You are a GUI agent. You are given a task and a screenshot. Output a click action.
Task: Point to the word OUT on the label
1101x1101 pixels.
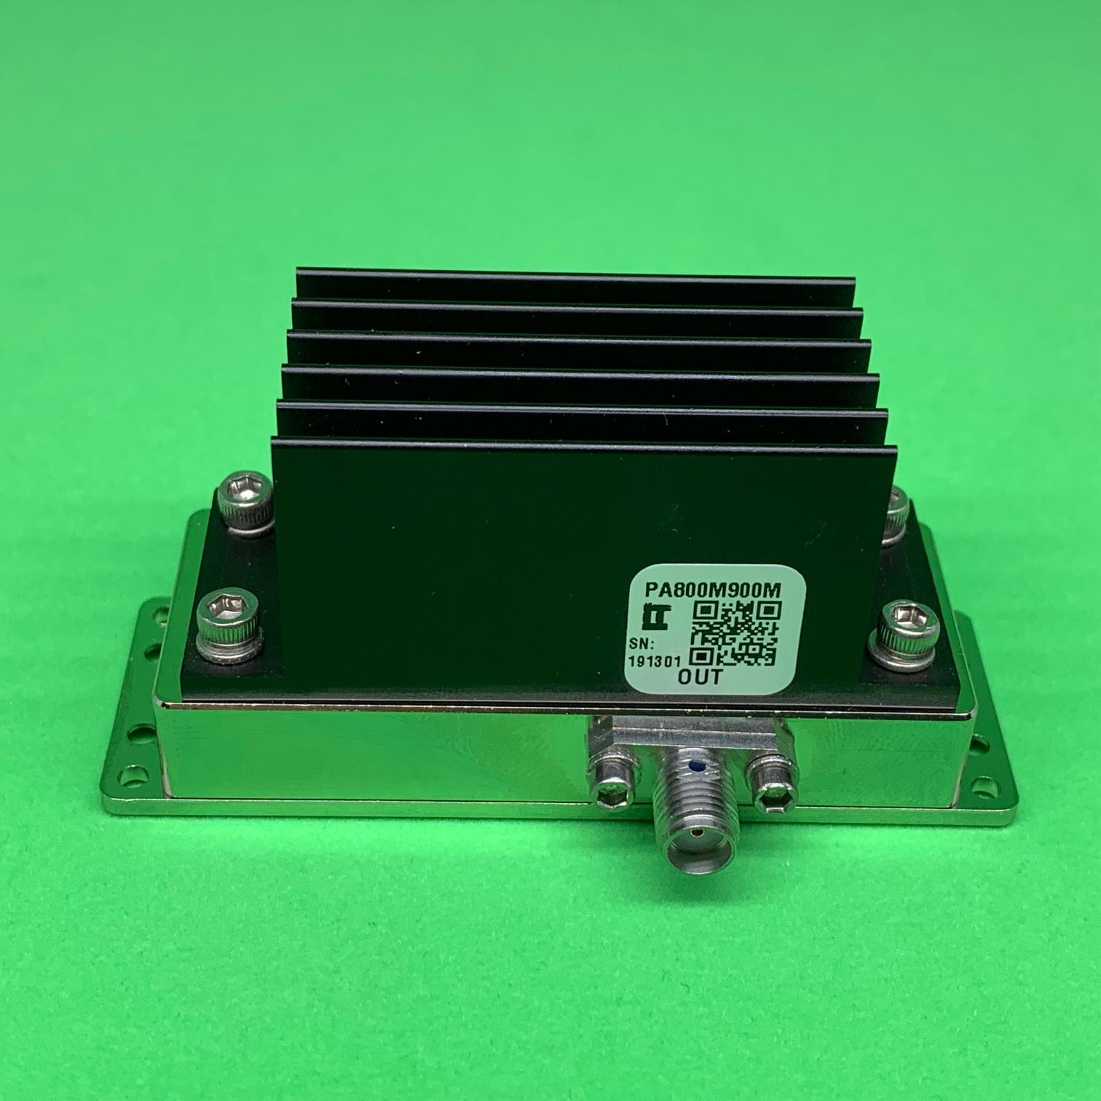pyautogui.click(x=699, y=677)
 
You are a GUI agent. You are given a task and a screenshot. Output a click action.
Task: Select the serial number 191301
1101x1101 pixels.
pyautogui.click(x=654, y=663)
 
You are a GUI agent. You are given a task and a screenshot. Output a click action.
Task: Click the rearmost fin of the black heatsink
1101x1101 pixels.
pyautogui.click(x=575, y=284)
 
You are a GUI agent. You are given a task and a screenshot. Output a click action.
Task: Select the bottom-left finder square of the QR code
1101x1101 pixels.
pyautogui.click(x=703, y=654)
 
